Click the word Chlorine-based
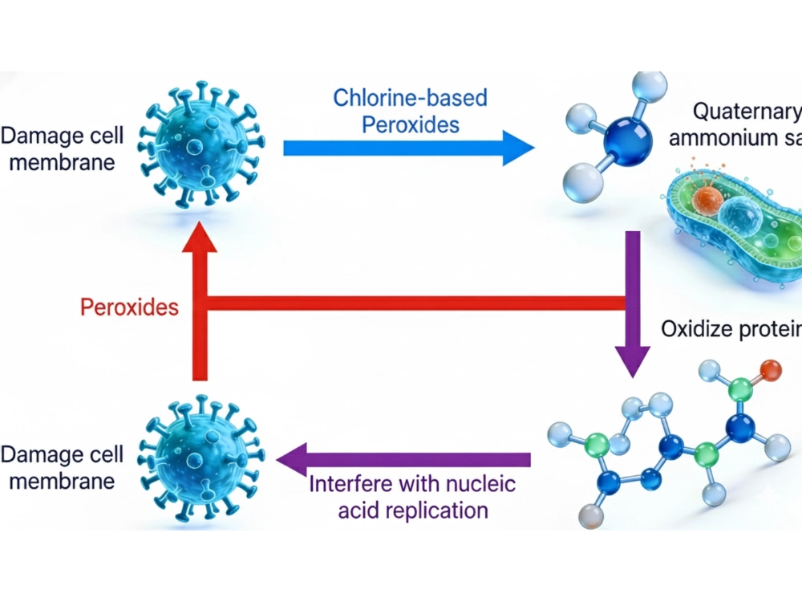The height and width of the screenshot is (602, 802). pos(410,98)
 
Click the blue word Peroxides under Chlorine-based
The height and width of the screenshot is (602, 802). pos(410,125)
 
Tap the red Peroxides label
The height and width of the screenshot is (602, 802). pos(130,307)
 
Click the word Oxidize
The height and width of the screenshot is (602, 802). pos(695,329)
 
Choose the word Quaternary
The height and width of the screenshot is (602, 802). pos(746,112)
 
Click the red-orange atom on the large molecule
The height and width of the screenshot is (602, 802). pos(770,370)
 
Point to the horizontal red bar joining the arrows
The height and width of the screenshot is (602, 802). pos(417,303)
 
